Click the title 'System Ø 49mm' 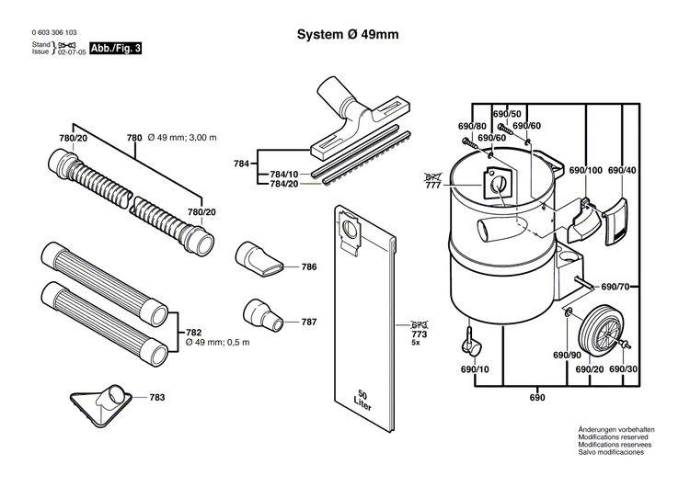(x=347, y=35)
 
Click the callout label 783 (x=157, y=397)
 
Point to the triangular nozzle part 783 (x=100, y=395)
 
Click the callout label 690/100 (x=585, y=171)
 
